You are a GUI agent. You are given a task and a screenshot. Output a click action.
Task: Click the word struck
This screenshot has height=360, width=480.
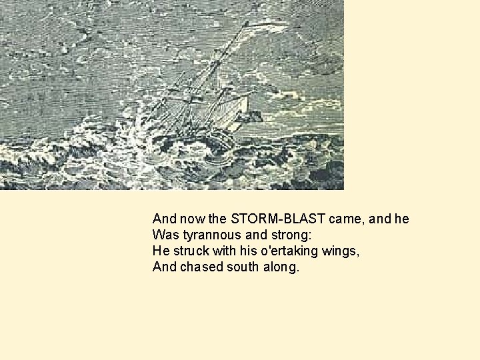193,251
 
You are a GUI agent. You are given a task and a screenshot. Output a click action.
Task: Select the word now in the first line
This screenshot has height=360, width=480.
191,219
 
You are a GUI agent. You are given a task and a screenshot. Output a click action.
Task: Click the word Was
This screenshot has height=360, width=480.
163,235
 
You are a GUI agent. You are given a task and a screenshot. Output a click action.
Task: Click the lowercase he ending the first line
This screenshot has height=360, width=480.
401,219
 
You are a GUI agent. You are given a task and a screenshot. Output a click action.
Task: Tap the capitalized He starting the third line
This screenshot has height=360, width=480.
161,251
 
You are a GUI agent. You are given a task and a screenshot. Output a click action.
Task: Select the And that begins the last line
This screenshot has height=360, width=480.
164,267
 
